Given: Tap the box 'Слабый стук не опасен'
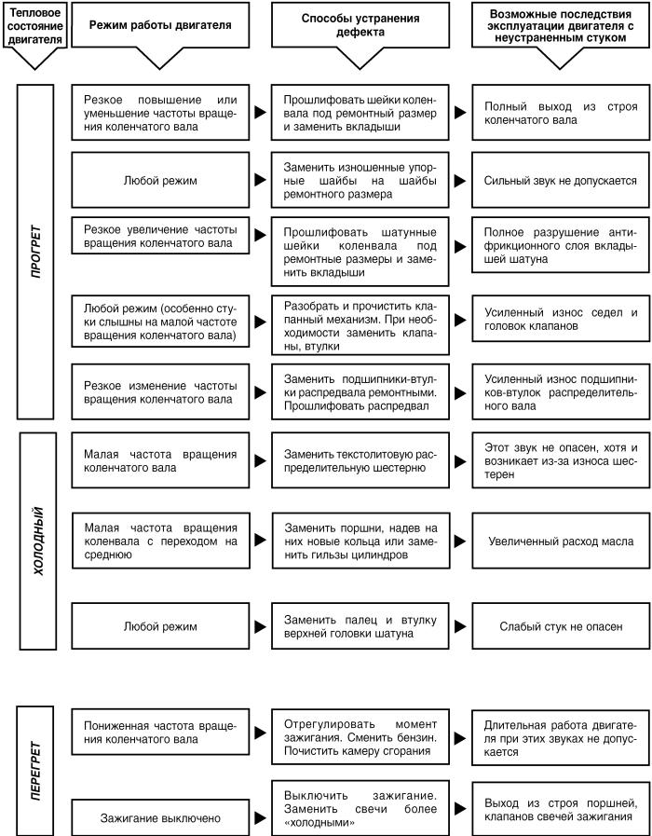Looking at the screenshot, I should pos(561,627).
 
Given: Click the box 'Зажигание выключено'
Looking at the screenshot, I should pos(160,819).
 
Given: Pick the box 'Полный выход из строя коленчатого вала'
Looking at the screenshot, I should pos(561,113).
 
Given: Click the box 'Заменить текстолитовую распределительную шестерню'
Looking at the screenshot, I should pos(360,457).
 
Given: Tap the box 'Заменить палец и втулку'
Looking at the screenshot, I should pos(360,627).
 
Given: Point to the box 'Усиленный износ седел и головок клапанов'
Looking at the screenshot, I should pos(561,320).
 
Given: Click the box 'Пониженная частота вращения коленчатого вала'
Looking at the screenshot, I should pos(160,733).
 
